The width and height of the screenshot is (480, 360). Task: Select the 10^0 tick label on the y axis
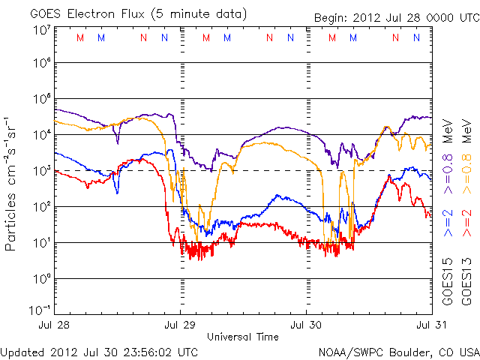pos(40,279)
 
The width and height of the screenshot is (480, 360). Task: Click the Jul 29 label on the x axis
pos(181,325)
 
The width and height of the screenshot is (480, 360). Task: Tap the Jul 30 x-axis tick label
pos(306,325)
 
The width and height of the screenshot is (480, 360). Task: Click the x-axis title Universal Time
pos(243,337)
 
